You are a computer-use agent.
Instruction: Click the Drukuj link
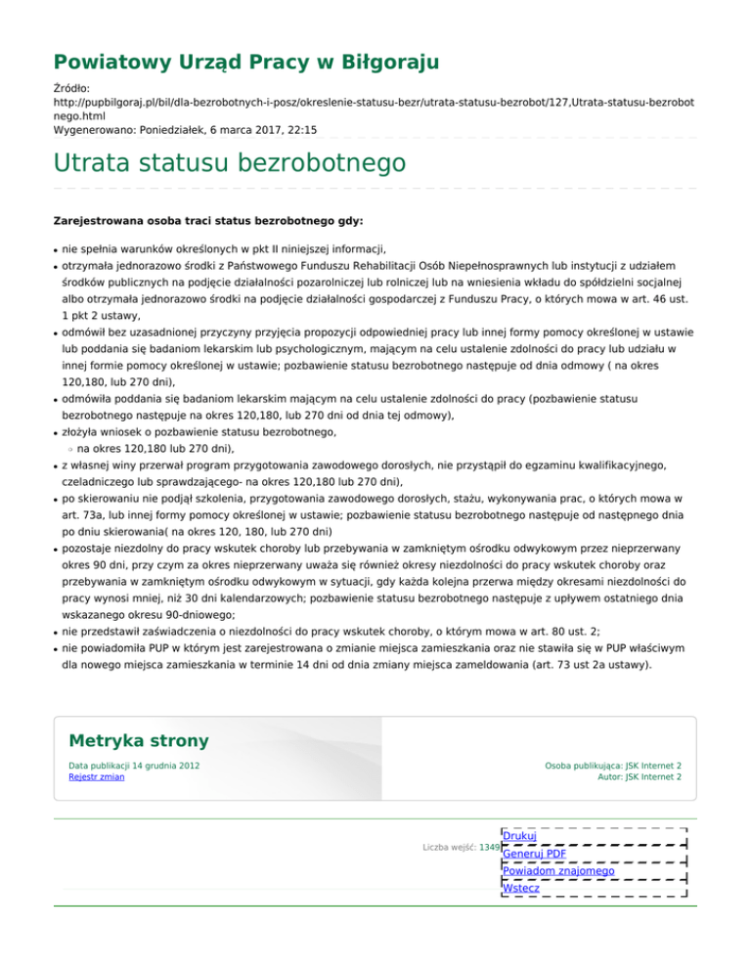(x=518, y=836)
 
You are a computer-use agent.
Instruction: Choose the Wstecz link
(x=520, y=888)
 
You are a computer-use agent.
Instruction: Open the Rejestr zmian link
(x=96, y=777)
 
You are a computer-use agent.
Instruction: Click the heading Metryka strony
(x=135, y=740)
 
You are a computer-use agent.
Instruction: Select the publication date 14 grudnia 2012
(x=167, y=765)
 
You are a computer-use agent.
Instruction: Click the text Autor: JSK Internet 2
(x=640, y=777)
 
